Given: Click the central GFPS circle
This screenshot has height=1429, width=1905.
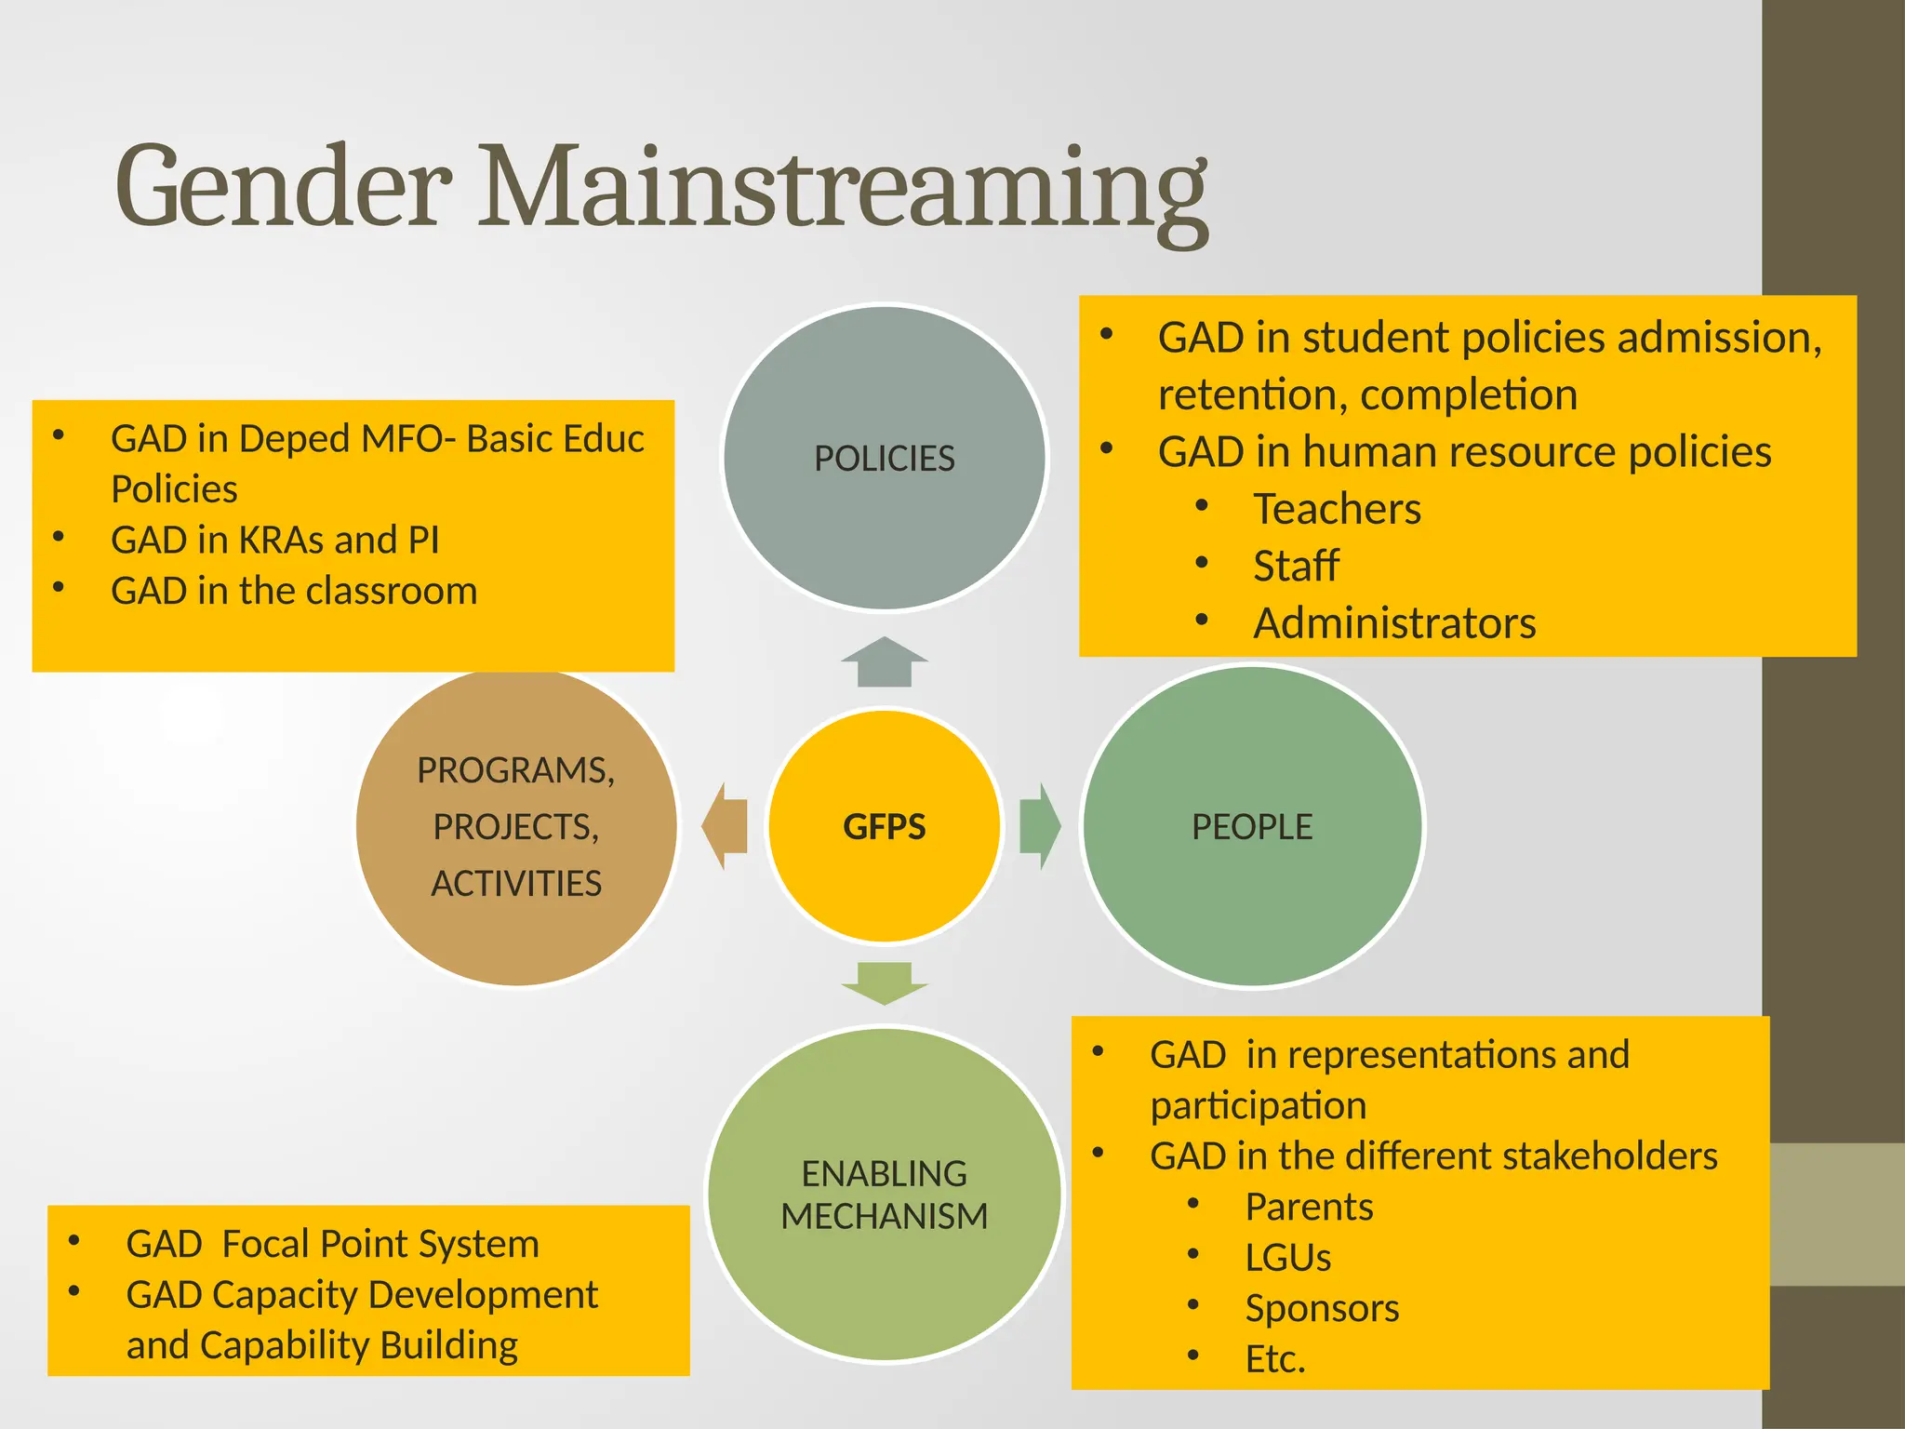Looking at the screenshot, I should (884, 826).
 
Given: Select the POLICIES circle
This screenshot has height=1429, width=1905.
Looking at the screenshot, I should (884, 458).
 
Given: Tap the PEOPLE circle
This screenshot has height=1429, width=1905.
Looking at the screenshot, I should (1252, 826).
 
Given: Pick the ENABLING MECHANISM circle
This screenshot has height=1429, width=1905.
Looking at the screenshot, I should (884, 1195).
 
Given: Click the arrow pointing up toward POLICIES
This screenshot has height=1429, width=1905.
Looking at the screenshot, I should (884, 662).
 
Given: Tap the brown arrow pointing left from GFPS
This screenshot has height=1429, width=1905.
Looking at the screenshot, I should (726, 826).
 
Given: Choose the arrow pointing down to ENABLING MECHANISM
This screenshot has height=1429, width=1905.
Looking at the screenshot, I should (884, 983).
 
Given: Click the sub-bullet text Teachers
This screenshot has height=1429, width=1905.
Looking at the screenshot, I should (1337, 509).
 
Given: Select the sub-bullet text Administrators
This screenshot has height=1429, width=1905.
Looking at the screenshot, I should (1393, 623).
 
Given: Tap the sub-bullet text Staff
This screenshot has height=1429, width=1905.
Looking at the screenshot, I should (1296, 566).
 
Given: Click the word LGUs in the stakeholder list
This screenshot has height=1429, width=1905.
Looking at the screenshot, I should (1287, 1258).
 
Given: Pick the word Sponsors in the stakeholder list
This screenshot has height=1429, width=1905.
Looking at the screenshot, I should (1322, 1308).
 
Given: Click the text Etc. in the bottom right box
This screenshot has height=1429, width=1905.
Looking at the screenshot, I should (1275, 1359).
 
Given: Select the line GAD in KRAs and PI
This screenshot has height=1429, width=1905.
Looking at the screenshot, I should (274, 540).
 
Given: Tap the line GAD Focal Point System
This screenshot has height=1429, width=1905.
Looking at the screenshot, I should (332, 1244).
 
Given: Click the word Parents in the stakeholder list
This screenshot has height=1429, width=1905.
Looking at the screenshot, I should (1309, 1207).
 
